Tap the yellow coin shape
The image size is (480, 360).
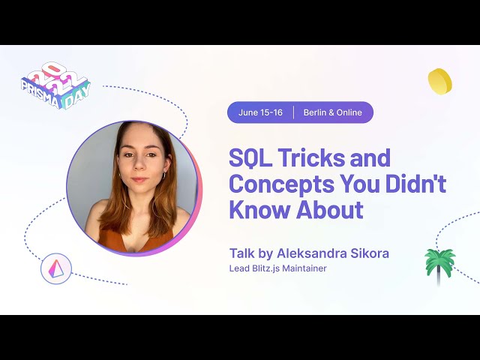(439, 81)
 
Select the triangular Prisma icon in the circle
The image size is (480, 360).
(56, 268)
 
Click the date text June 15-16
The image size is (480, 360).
(260, 112)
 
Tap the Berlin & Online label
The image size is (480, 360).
(332, 112)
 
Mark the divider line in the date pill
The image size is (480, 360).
(293, 112)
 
